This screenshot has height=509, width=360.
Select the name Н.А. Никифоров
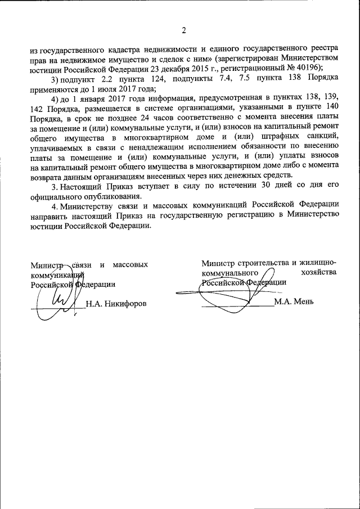coord(116,304)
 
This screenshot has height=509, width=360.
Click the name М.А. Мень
coord(294,302)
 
